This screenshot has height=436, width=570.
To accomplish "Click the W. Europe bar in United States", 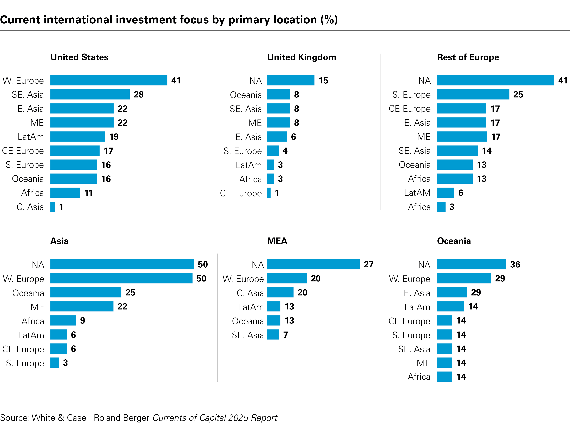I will (109, 81).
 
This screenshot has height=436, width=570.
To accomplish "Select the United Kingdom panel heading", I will (302, 57).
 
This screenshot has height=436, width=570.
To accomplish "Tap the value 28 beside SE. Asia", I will (139, 94).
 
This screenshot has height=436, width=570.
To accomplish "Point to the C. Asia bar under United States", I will (53, 207).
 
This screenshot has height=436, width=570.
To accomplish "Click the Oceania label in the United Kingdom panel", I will (246, 95).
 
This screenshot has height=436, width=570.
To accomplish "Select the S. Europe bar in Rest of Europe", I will (473, 94).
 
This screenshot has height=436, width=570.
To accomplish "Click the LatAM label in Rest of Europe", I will (417, 193).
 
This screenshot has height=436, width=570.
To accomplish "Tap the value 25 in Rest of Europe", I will (518, 94).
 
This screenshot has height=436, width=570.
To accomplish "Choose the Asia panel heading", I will (60, 241).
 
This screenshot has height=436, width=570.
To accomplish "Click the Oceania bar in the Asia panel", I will (86, 293).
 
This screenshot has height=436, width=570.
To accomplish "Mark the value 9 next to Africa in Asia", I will (83, 321).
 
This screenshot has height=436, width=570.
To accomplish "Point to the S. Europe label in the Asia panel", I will (25, 363).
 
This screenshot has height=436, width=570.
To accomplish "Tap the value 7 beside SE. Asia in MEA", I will (286, 335).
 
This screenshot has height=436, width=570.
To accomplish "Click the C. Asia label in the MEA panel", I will (250, 293).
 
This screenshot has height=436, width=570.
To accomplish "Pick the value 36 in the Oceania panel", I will (515, 265).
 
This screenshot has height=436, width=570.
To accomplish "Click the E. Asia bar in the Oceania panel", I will (452, 293).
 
